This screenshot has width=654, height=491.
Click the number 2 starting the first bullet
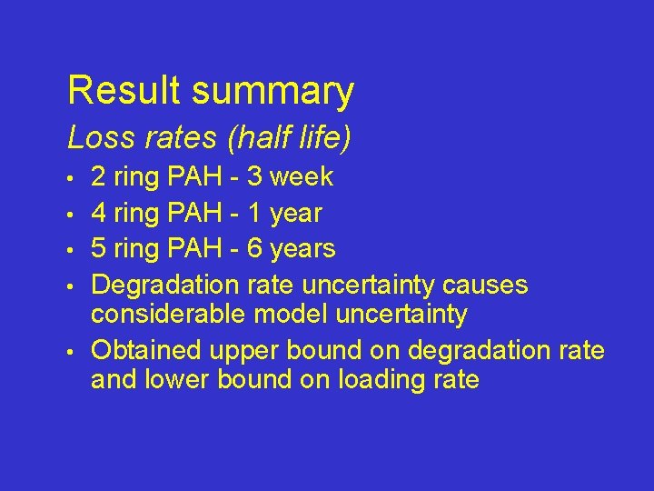(98, 176)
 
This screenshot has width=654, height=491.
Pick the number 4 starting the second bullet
(98, 213)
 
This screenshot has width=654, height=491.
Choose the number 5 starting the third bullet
(98, 248)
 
